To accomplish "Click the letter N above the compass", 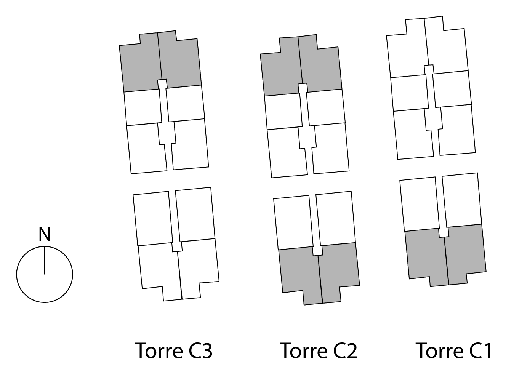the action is click(x=45, y=234).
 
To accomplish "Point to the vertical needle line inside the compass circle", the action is click(x=45, y=260).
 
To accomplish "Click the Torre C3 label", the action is click(x=174, y=350).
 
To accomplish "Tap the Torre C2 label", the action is click(x=318, y=350).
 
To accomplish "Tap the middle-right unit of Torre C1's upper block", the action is click(x=452, y=89).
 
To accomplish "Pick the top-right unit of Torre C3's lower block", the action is click(x=195, y=214).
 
